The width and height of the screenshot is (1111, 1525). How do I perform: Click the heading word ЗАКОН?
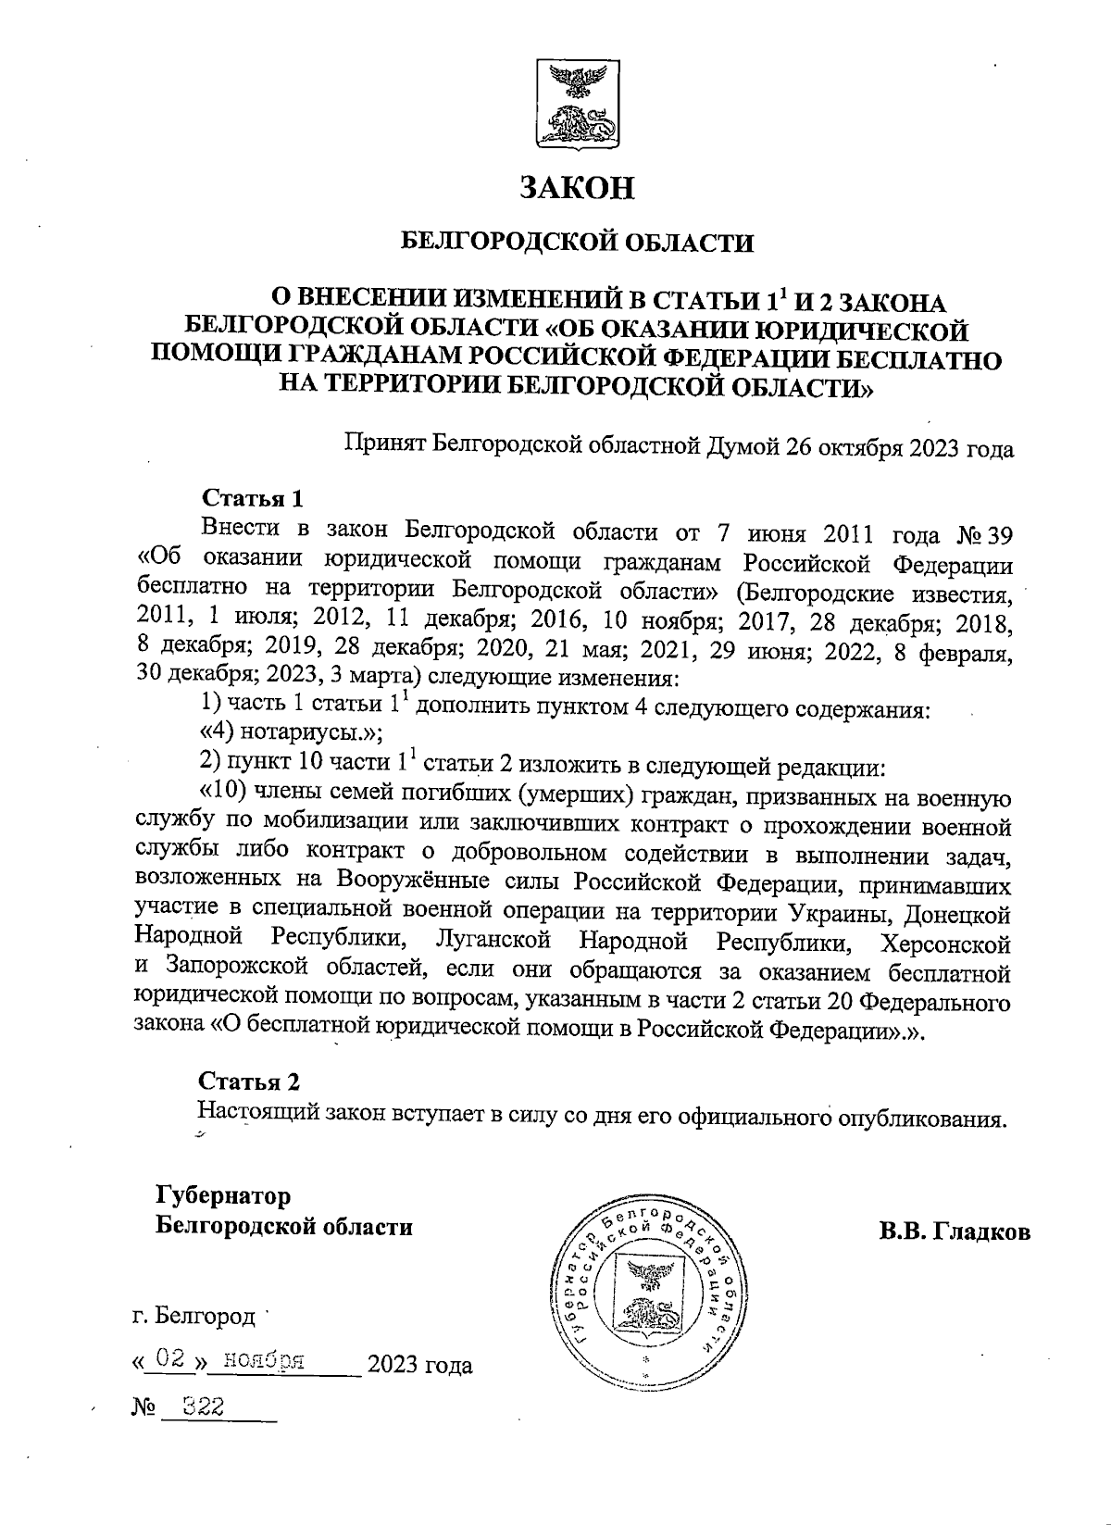tap(577, 188)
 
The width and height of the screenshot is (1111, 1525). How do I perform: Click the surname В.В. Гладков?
tap(955, 1232)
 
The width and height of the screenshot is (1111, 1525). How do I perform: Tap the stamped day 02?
tap(169, 1360)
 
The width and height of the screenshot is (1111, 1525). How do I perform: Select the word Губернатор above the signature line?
tap(223, 1195)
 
